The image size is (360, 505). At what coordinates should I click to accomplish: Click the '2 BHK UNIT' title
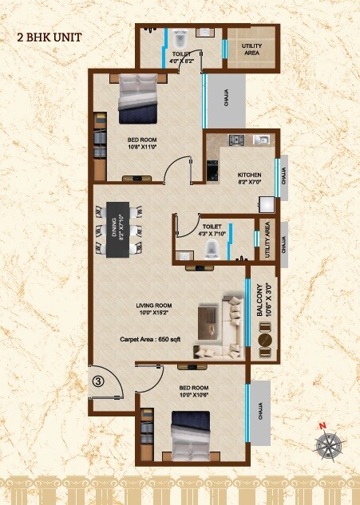[x=49, y=37]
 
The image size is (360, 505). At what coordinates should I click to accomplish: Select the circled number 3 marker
[x=97, y=381]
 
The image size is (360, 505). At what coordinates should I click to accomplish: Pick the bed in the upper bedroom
[x=138, y=100]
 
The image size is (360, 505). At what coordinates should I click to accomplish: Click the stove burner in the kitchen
[x=235, y=141]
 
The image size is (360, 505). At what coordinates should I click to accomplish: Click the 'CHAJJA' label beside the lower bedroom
[x=260, y=408]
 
